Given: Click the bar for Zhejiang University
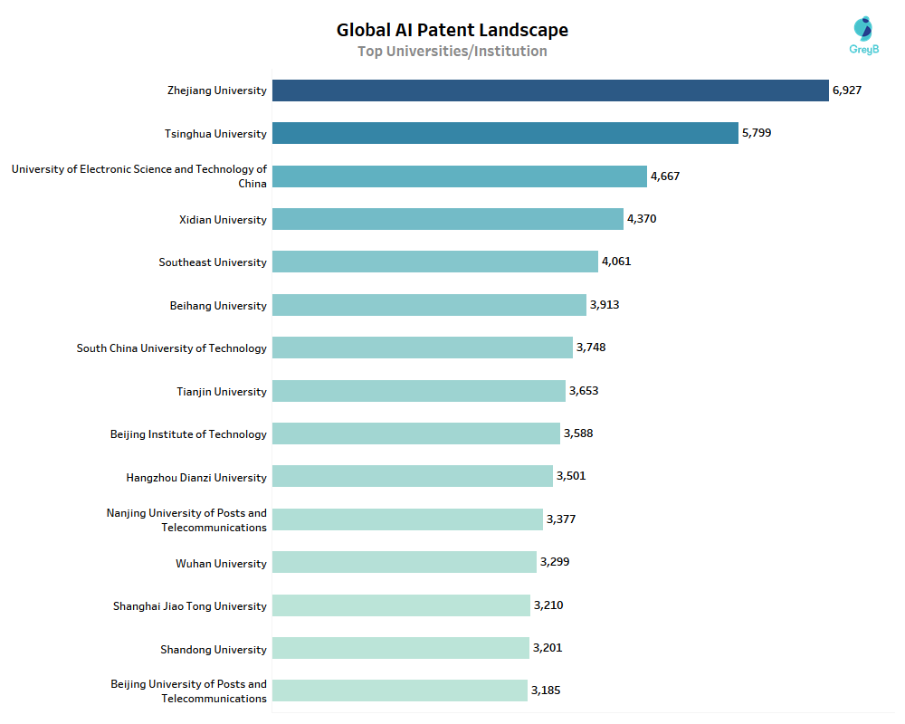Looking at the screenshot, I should [550, 90].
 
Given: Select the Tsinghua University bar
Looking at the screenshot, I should [505, 133].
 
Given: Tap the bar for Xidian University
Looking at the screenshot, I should [448, 219].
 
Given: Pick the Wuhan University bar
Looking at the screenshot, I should [405, 562].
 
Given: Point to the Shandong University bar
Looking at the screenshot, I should [401, 648].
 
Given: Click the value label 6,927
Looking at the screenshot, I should [847, 90].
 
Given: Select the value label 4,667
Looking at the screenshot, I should [665, 176].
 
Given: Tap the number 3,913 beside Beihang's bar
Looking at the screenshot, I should [605, 305].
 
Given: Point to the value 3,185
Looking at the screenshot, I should [546, 691].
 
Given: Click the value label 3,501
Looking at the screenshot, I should [571, 476].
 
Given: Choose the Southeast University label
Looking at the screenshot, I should [213, 262].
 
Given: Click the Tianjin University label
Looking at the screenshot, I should [222, 392].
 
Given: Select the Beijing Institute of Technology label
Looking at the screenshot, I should [188, 434].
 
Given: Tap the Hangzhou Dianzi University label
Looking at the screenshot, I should [196, 478].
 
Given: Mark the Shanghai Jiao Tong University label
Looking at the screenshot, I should [190, 606].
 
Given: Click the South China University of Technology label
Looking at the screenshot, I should [172, 348].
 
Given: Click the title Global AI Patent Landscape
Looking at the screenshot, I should [452, 30].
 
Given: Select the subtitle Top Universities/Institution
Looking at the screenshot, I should [452, 52].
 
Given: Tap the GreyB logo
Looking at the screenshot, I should [864, 35].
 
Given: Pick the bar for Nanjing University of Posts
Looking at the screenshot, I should [407, 519].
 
